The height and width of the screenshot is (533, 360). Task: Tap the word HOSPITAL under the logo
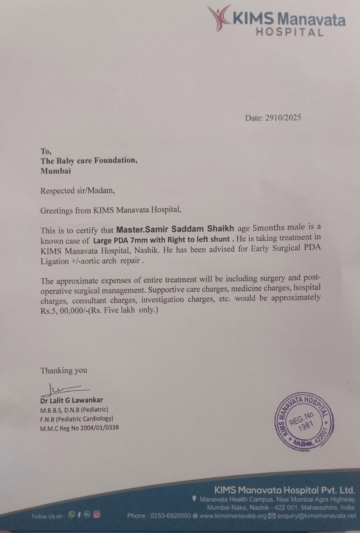tap(289, 32)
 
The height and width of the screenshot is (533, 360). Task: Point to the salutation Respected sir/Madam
tap(77, 191)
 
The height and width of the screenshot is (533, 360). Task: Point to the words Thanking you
tap(64, 370)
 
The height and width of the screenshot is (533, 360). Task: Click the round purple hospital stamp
tap(304, 421)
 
